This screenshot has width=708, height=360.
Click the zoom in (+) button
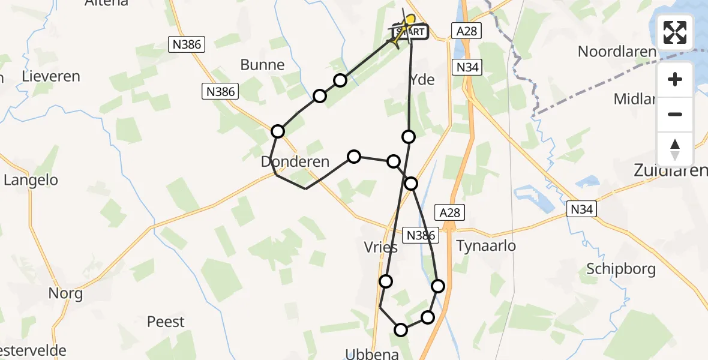(x=675, y=79)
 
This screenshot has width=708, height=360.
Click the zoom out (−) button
(x=675, y=114)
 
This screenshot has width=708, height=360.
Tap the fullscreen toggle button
(x=675, y=32)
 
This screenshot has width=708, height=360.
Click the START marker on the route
(x=410, y=32)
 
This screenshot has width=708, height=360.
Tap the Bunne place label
(x=262, y=65)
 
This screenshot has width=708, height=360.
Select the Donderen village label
(x=295, y=161)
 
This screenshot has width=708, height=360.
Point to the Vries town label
(x=380, y=248)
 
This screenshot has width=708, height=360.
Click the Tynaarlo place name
(x=486, y=246)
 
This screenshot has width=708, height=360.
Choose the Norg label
(x=66, y=294)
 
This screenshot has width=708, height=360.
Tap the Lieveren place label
(x=51, y=77)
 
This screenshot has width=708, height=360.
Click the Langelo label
(x=31, y=179)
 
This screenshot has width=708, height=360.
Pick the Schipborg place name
(x=622, y=269)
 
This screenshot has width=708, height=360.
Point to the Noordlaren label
(x=617, y=52)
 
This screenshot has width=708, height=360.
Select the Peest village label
(x=166, y=322)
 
